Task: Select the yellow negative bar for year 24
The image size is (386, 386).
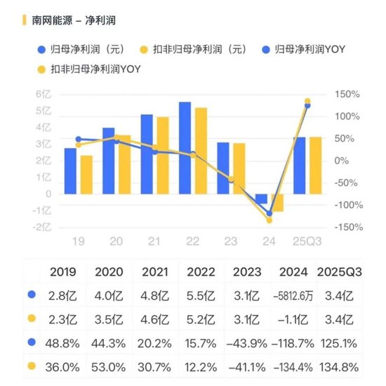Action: pos(277,203)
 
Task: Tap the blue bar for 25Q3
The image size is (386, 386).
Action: pos(299,166)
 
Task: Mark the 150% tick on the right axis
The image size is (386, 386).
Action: pos(347,94)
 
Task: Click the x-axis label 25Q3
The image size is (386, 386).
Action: pos(307,241)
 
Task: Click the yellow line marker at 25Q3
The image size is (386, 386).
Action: pos(307,102)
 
